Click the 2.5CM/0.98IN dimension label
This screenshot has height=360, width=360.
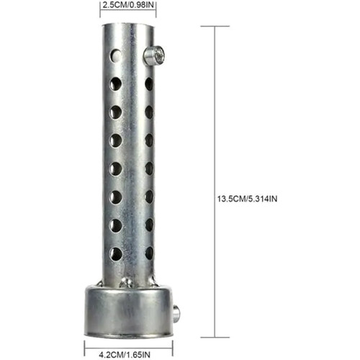coord(128,5)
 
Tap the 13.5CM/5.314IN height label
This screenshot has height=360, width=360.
coord(247,199)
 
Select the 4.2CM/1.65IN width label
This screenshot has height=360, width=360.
coord(125,354)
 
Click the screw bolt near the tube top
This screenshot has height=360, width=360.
coord(154,56)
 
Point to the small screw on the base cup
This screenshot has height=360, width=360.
coord(176,312)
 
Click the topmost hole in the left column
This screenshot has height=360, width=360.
coord(116,55)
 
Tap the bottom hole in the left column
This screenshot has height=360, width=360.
coord(116,253)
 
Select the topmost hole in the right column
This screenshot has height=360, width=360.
coord(149,84)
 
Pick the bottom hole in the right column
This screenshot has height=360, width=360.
coord(149,253)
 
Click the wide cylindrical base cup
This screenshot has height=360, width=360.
coord(129,310)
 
